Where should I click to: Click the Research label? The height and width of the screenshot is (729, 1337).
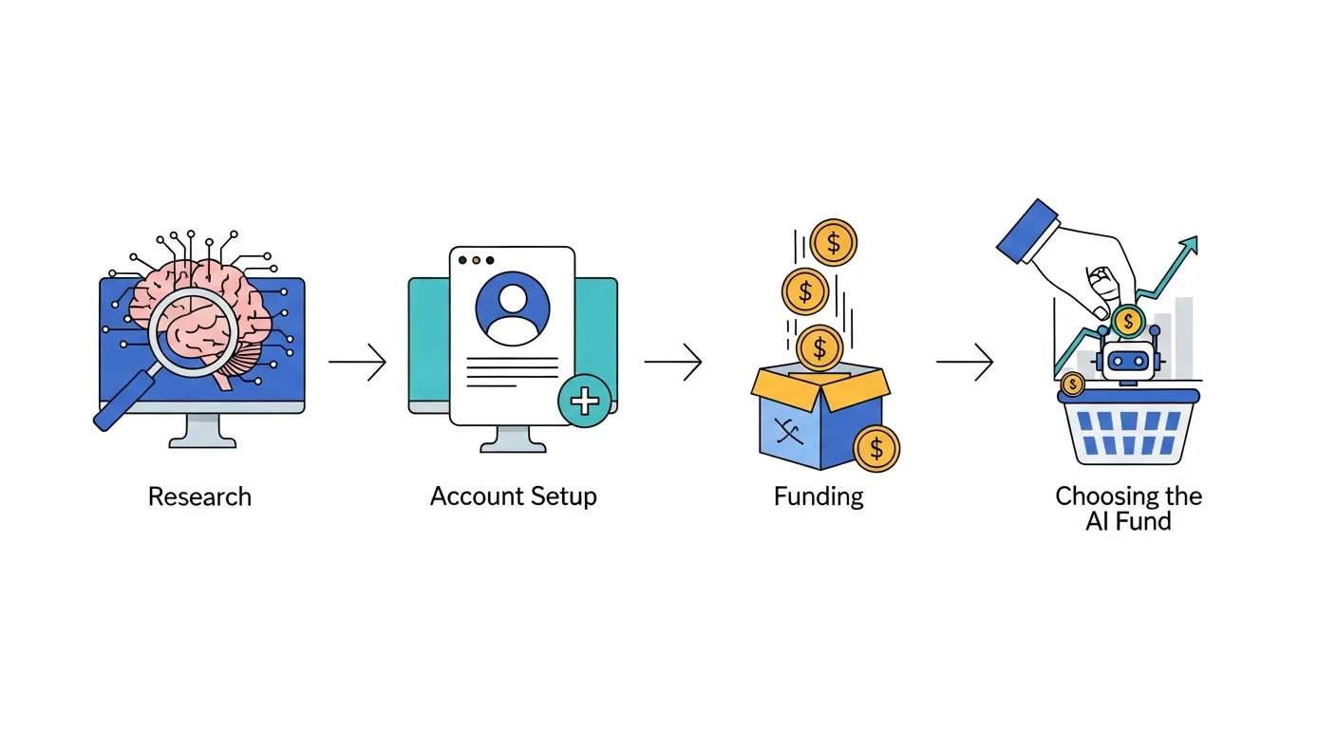(199, 496)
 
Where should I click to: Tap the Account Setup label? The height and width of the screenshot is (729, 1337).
(513, 496)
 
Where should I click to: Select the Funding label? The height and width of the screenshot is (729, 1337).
(819, 496)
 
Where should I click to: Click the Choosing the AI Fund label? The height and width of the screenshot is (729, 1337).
(1128, 508)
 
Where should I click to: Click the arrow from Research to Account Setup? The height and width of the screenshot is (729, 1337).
(358, 362)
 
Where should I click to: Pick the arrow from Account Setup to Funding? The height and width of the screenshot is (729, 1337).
(673, 362)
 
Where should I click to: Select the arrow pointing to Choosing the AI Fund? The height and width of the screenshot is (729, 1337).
(965, 362)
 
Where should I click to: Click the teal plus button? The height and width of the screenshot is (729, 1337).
(584, 401)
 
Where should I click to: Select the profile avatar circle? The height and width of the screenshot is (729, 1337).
(513, 308)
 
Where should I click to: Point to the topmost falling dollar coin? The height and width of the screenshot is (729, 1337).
(833, 242)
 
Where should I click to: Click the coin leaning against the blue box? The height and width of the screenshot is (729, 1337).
(876, 447)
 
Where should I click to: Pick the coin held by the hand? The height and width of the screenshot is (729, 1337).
(1127, 321)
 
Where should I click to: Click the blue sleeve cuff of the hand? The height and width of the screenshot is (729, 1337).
(1027, 231)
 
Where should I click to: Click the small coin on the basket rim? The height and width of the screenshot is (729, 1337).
(1072, 383)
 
